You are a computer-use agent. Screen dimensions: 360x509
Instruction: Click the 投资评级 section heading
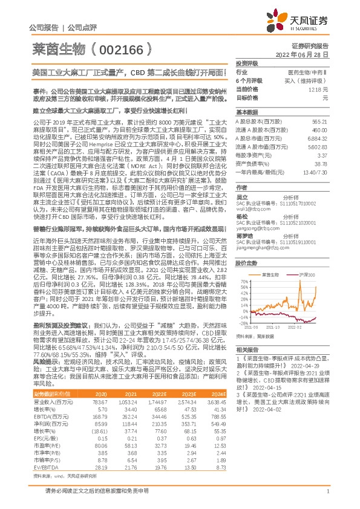(246, 63)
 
